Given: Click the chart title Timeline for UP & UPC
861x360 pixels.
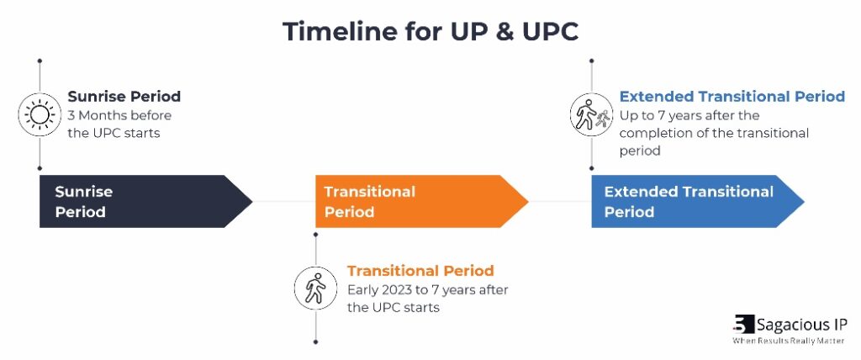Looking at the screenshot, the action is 430,32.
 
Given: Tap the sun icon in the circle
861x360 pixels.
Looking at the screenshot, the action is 40,115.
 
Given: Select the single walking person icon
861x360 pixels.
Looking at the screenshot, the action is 316,288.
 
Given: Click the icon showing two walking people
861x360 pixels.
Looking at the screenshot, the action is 591,114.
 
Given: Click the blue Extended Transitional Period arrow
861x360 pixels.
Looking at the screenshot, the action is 697,201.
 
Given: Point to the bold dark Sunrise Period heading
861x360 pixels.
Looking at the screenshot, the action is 124,97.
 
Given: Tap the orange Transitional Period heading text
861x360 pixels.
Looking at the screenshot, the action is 420,270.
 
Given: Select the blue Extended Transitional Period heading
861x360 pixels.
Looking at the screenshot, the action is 732,97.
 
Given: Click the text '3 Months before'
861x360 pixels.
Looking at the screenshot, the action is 119,115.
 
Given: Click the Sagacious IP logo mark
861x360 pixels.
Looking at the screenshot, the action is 743,325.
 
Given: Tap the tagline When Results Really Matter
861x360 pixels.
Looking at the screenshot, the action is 789,341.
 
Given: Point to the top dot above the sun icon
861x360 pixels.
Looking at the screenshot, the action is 40,61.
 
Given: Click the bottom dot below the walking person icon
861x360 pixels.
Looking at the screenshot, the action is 316,341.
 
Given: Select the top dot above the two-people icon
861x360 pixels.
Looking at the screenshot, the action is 591,61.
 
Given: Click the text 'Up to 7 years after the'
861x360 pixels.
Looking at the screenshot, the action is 689,115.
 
